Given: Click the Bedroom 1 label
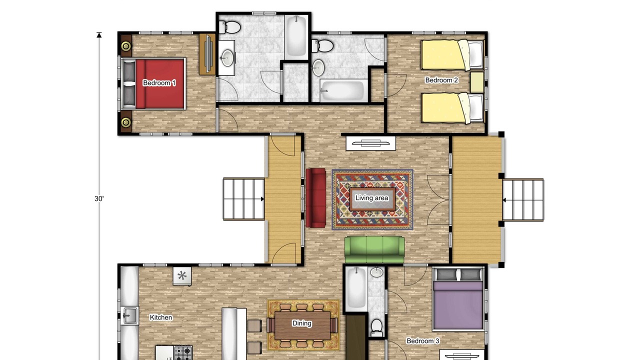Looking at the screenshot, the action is pos(159,83).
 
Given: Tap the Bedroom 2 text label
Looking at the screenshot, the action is pos(441,80).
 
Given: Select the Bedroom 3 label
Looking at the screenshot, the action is pos(423,341).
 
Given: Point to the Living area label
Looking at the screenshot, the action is pos(371,197).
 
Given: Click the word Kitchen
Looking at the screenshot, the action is pos(161,317).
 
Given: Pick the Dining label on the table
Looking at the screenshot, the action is pos(301,323).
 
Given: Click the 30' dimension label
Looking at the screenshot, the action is pos(99,198).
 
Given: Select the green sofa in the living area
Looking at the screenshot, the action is pos(374,249).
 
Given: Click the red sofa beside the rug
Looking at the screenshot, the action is pos(315,197).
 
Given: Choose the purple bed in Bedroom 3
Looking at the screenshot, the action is pos(458,298).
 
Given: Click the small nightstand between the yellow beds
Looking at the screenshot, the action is pos(477,82).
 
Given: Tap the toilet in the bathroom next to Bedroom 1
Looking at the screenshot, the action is pos(229,27).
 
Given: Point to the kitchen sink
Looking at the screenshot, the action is pos(129,315).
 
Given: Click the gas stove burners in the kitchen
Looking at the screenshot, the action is pos(183,353).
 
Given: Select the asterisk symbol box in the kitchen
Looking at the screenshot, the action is pos(182,276).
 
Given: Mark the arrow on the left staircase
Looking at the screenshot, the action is pos(262,199).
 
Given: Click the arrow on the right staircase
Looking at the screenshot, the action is pos(504,200).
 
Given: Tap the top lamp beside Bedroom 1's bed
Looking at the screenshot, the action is pos(126,45).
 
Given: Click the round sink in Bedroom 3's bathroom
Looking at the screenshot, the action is pos(377,272).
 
